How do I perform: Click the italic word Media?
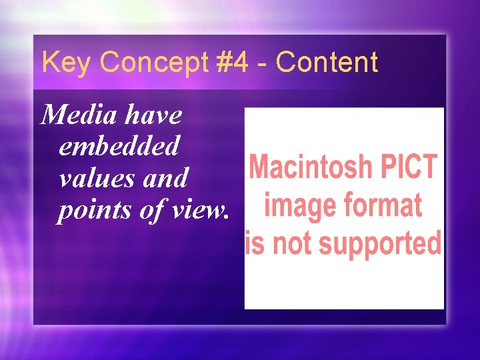coord(74,115)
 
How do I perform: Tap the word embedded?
coord(119,146)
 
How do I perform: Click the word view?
coord(199,210)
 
